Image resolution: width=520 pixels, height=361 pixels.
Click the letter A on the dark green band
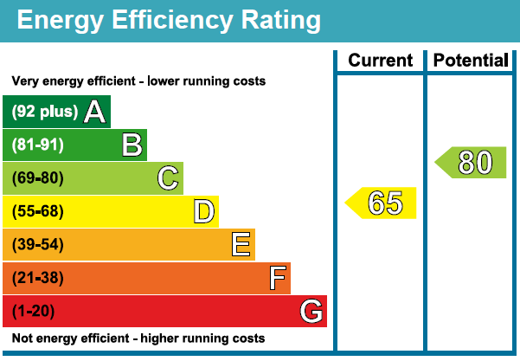coord(94,111)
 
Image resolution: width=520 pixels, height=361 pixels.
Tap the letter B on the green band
coord(132,145)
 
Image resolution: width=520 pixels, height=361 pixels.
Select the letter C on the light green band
coord(168,178)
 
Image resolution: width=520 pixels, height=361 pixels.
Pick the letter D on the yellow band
coord(204,211)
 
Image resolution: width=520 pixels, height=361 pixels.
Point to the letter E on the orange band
coord(241,245)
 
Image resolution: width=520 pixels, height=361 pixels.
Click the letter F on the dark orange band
coord(277,278)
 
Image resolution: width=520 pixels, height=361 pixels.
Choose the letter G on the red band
coord(311,311)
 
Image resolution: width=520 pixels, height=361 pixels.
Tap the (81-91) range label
coord(38,145)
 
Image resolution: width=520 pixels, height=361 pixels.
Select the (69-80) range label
coord(38,178)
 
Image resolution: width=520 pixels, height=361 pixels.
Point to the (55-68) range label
coord(38,211)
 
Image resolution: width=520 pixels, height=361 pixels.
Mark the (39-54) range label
coord(38,245)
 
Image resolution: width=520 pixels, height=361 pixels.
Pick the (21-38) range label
coord(38,278)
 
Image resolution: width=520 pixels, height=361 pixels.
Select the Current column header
coord(380,61)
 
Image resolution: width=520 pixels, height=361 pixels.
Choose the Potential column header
coord(471,61)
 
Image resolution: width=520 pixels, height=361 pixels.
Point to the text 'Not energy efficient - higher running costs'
coord(138,338)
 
